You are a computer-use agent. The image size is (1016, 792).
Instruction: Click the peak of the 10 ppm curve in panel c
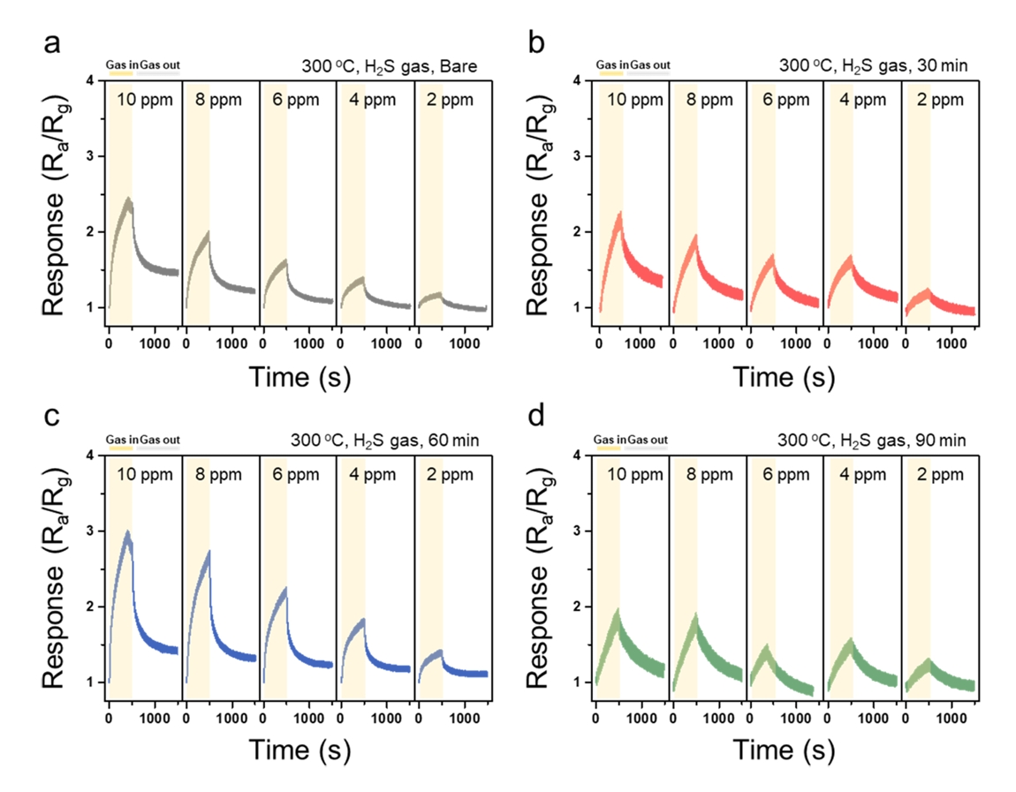pos(128,532)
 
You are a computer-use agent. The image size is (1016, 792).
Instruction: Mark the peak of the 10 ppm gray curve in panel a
pos(129,200)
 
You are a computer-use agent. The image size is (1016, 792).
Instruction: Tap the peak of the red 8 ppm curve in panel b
pos(695,237)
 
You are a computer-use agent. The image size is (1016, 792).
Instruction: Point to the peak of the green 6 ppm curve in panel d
pos(765,646)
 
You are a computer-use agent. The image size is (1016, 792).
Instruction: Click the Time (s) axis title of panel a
pos(299,377)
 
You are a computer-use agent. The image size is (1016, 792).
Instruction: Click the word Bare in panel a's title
pos(467,64)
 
